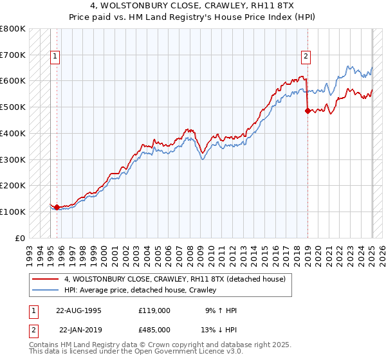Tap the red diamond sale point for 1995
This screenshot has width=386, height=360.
(57, 207)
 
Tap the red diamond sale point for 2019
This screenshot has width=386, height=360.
(308, 111)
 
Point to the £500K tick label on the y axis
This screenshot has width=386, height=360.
(13, 107)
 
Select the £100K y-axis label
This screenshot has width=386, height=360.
(13, 212)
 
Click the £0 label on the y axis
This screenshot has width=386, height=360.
(21, 238)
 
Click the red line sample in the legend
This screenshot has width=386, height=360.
(46, 279)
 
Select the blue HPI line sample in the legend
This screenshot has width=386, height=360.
(46, 290)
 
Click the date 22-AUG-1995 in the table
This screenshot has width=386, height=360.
(78, 310)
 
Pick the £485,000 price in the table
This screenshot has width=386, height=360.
(154, 329)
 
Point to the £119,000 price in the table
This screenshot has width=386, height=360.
(154, 310)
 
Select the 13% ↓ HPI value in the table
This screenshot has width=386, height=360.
(219, 329)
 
